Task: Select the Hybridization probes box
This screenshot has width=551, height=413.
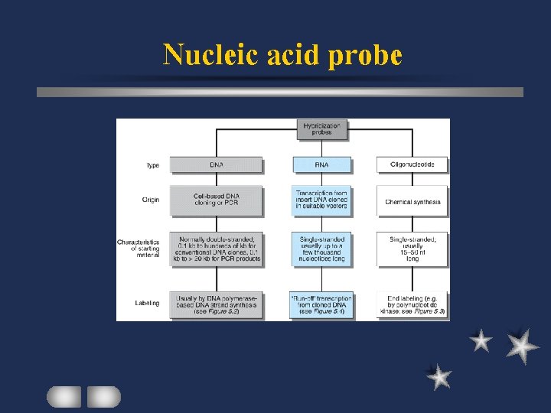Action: [321, 129]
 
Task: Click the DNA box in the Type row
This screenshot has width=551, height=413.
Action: [216, 164]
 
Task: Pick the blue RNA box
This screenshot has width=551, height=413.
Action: [321, 164]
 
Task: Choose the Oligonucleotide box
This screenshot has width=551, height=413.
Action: [412, 164]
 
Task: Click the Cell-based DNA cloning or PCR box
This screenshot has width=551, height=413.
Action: [216, 200]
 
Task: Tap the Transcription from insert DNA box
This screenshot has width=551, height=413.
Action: [321, 200]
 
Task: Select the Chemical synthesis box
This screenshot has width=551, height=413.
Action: [412, 202]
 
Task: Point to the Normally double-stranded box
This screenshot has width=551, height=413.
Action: [216, 249]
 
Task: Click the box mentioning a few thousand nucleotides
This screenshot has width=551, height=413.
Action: [321, 249]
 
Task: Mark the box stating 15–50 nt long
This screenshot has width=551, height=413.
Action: [412, 249]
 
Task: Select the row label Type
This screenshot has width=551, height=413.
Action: [152, 165]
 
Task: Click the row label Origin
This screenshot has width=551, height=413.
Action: [150, 200]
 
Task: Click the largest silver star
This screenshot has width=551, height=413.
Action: [523, 346]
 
